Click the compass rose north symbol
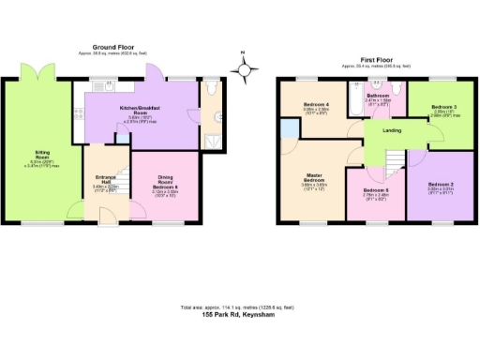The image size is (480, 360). (245, 67)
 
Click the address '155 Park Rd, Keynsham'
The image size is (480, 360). (240, 315)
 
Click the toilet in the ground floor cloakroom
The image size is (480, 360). (214, 91)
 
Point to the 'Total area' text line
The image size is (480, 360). (240, 307)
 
